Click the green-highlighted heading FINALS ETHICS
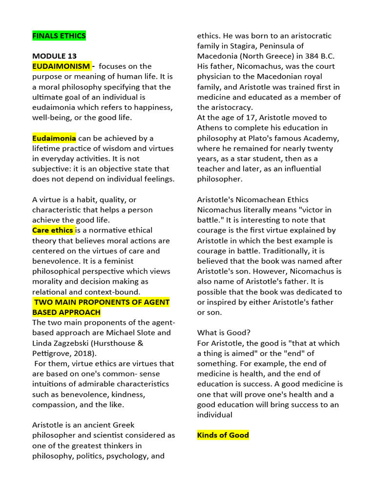(59, 36)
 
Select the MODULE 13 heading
(54, 56)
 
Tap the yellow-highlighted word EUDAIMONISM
(61, 66)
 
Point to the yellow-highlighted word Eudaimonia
(54, 138)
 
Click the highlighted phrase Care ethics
(53, 230)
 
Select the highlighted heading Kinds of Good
(223, 435)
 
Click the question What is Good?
(222, 333)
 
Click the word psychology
(125, 456)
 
